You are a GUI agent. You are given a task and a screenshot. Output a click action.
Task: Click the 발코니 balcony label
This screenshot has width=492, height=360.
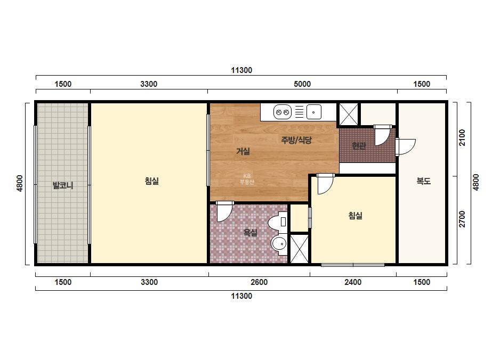[x=63, y=185]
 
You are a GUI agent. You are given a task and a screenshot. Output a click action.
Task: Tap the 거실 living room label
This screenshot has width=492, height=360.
[x=243, y=151]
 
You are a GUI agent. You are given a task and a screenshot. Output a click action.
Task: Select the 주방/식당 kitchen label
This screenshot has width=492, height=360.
[x=296, y=140]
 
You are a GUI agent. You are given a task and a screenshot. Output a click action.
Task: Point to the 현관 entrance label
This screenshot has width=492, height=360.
[x=359, y=145]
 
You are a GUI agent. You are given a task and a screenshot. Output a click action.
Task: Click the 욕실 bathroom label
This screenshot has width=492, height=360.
[x=251, y=232]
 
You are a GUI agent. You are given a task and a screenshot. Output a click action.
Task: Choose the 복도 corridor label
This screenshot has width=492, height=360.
[x=423, y=181]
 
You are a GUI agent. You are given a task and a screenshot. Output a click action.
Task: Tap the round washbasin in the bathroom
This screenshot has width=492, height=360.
[x=279, y=243]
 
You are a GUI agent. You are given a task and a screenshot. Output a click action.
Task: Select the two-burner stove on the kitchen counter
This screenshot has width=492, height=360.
[x=283, y=112]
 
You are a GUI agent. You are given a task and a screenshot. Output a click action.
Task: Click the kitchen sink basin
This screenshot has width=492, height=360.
[x=314, y=112]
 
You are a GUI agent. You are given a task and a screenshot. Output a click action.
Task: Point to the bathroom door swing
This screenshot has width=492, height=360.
[x=224, y=211]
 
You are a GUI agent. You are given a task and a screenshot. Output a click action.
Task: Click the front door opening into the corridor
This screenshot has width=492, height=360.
[x=406, y=147]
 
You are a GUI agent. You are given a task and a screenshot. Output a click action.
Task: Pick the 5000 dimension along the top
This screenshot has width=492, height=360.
[x=302, y=84]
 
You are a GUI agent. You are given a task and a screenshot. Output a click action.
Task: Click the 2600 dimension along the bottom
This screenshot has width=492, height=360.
[x=259, y=282]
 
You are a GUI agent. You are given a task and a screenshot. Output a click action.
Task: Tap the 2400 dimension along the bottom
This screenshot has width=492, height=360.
[x=353, y=282]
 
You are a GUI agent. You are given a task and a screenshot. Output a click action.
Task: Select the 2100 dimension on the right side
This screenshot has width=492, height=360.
[x=462, y=138]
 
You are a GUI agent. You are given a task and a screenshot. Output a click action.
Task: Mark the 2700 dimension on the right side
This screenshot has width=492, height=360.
[x=462, y=219]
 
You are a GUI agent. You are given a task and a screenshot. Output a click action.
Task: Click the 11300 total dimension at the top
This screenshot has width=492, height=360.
[x=241, y=70]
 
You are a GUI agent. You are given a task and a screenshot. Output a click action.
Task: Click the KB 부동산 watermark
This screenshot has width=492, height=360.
[x=247, y=179]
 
